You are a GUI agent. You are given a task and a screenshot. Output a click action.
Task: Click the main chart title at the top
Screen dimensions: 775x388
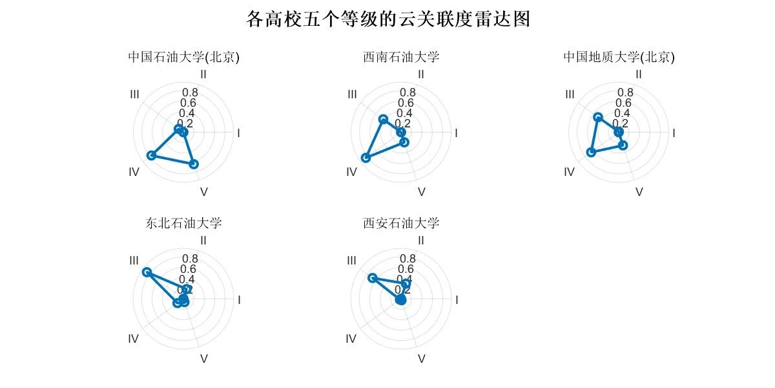[388, 19]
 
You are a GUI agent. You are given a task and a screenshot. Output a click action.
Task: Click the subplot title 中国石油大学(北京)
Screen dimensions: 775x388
[183, 57]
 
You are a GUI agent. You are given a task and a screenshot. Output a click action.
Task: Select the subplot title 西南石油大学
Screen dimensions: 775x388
[401, 57]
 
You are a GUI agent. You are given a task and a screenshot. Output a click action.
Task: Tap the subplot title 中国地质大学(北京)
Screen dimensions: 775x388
[619, 57]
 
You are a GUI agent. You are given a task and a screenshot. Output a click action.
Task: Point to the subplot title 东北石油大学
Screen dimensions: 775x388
[183, 224]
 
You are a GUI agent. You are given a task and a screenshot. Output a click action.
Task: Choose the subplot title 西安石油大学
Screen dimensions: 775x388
[401, 224]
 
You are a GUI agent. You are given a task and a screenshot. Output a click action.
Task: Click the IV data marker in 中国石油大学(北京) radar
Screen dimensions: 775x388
[152, 155]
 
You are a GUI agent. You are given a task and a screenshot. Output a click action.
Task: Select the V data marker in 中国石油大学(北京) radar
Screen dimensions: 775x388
[194, 164]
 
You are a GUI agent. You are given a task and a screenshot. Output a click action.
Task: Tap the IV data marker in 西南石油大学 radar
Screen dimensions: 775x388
[366, 158]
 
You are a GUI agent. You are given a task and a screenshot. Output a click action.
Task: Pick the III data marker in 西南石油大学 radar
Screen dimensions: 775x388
[383, 119]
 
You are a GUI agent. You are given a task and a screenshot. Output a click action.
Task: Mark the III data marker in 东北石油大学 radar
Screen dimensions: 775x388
[147, 272]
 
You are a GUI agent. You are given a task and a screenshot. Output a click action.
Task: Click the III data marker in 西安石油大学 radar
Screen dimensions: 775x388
[371, 278]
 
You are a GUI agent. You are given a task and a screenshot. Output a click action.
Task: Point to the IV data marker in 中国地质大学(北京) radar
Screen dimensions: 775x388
[590, 152]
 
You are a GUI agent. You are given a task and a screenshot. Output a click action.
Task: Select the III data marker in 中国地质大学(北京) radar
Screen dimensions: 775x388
[598, 117]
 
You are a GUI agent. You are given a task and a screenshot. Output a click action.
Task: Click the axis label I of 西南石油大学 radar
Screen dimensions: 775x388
[456, 133]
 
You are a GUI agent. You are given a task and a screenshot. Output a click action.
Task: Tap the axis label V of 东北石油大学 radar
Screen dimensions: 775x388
[203, 358]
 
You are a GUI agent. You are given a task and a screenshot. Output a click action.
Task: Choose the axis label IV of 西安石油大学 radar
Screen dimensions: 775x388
[351, 339]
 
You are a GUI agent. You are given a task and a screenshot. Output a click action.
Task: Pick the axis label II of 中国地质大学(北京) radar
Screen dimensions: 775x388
[639, 74]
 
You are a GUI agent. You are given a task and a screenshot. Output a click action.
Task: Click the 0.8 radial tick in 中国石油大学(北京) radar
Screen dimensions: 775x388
[190, 92]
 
